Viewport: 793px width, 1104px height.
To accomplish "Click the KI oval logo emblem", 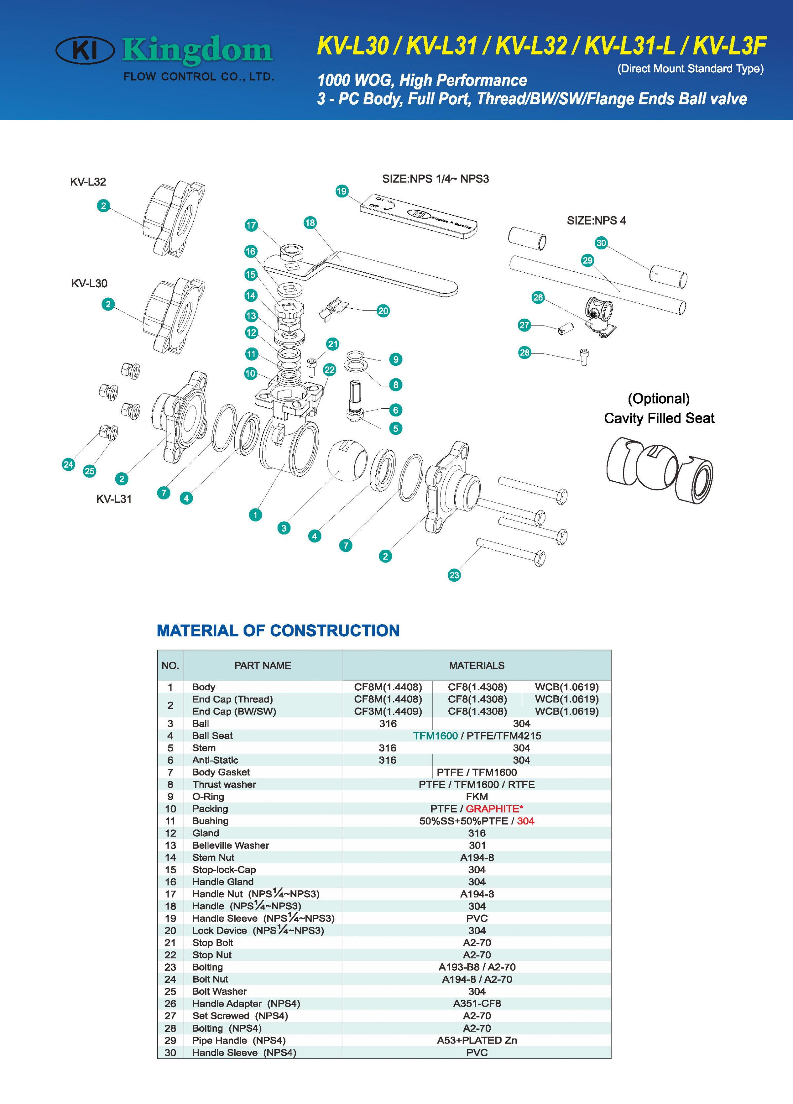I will coord(85,50).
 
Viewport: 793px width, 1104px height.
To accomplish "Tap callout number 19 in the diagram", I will coord(341,191).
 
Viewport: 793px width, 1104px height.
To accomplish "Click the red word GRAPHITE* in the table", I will coord(494,809).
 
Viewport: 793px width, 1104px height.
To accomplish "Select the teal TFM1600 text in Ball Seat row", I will coord(435,736).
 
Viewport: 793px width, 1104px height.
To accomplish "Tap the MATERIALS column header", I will coord(476,666).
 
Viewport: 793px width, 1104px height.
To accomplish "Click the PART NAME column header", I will coord(263,666).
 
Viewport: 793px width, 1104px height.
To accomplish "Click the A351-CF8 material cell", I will coord(476,1003).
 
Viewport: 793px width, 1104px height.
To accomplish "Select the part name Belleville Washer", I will coord(230,845).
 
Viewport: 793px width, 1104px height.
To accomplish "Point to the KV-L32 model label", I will coord(88,182).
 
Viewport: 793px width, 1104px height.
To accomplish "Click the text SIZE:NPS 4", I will coord(596,221).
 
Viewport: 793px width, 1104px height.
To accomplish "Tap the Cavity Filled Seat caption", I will coord(659,418).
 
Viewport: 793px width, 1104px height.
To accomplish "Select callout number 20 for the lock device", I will coord(383,311).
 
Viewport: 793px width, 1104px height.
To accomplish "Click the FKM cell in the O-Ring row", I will coord(476,796).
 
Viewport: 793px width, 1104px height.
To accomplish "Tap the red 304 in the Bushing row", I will coord(526,821).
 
